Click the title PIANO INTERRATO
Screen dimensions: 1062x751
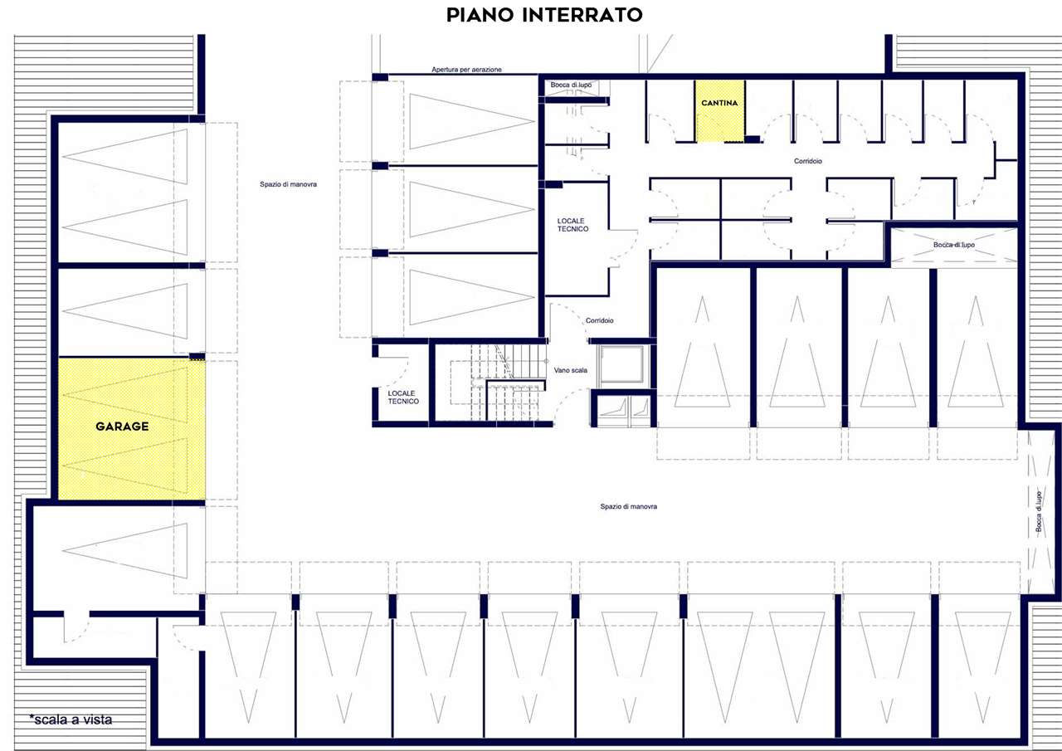tap(544, 15)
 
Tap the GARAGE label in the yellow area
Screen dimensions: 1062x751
tap(122, 427)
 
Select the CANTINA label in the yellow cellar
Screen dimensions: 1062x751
tap(719, 103)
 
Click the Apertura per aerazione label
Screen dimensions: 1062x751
tap(466, 69)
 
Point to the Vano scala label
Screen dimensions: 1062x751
tap(570, 370)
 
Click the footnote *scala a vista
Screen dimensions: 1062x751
tap(71, 719)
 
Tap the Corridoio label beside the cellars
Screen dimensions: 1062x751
tap(808, 161)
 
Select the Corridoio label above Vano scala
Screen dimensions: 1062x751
tap(599, 320)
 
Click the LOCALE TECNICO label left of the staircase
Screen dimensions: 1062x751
tap(403, 397)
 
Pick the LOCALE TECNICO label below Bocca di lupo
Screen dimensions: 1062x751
tap(572, 225)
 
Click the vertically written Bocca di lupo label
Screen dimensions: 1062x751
tap(1038, 511)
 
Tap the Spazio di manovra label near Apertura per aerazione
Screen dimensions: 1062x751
tap(288, 184)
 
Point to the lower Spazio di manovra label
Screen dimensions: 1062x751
tap(629, 506)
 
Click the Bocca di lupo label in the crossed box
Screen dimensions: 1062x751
tap(954, 245)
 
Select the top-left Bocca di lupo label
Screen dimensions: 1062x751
tap(571, 85)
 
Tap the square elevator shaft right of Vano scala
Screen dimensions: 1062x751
tap(621, 364)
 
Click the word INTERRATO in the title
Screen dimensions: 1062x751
tap(582, 15)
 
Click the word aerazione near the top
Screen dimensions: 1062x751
tap(485, 69)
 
